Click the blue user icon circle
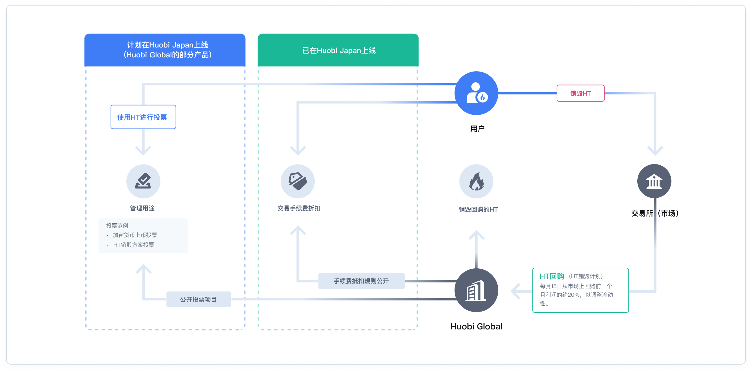[476, 93]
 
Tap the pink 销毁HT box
[580, 93]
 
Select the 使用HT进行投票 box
[143, 117]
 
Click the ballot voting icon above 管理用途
[143, 181]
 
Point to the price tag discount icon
[298, 181]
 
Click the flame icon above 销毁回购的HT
[476, 181]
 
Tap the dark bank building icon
[654, 181]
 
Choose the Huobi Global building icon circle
[476, 290]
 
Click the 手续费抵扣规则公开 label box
[362, 281]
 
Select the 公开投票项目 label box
[198, 299]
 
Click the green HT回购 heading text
[552, 276]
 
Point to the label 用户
[477, 129]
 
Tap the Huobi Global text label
[476, 326]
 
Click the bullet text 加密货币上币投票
[135, 235]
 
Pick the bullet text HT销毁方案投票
[133, 245]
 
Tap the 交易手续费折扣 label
[299, 208]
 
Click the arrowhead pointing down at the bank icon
[655, 151]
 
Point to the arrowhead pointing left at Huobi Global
[516, 291]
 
